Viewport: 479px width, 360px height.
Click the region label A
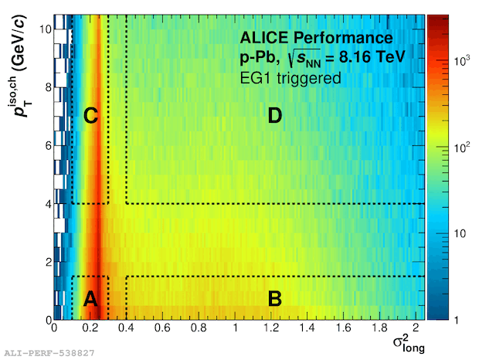[x=90, y=300]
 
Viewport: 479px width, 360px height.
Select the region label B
[x=274, y=300]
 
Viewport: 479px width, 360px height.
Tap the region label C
[x=90, y=117]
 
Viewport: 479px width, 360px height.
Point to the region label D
[x=274, y=117]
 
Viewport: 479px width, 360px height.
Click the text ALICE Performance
[x=316, y=38]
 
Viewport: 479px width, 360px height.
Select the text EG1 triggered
[x=287, y=77]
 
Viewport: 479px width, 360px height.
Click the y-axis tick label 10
[x=45, y=29]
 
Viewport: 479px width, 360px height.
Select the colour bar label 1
[x=461, y=319]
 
